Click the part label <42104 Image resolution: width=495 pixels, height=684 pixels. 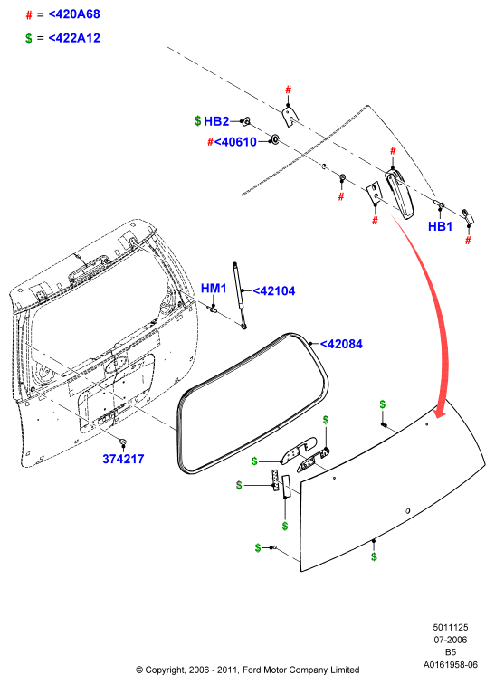pyautogui.click(x=274, y=291)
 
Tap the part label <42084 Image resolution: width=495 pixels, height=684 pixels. pyautogui.click(x=341, y=344)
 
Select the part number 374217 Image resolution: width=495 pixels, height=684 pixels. pyautogui.click(x=123, y=459)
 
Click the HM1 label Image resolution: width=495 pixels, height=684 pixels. pyautogui.click(x=214, y=289)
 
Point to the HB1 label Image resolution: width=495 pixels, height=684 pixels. pyautogui.click(x=440, y=226)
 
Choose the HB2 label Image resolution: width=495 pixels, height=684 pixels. pyautogui.click(x=216, y=121)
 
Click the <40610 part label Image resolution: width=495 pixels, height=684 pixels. pyautogui.click(x=235, y=142)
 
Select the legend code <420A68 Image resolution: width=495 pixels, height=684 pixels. pyautogui.click(x=74, y=14)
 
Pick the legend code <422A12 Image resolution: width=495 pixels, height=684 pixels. pyautogui.click(x=74, y=38)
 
